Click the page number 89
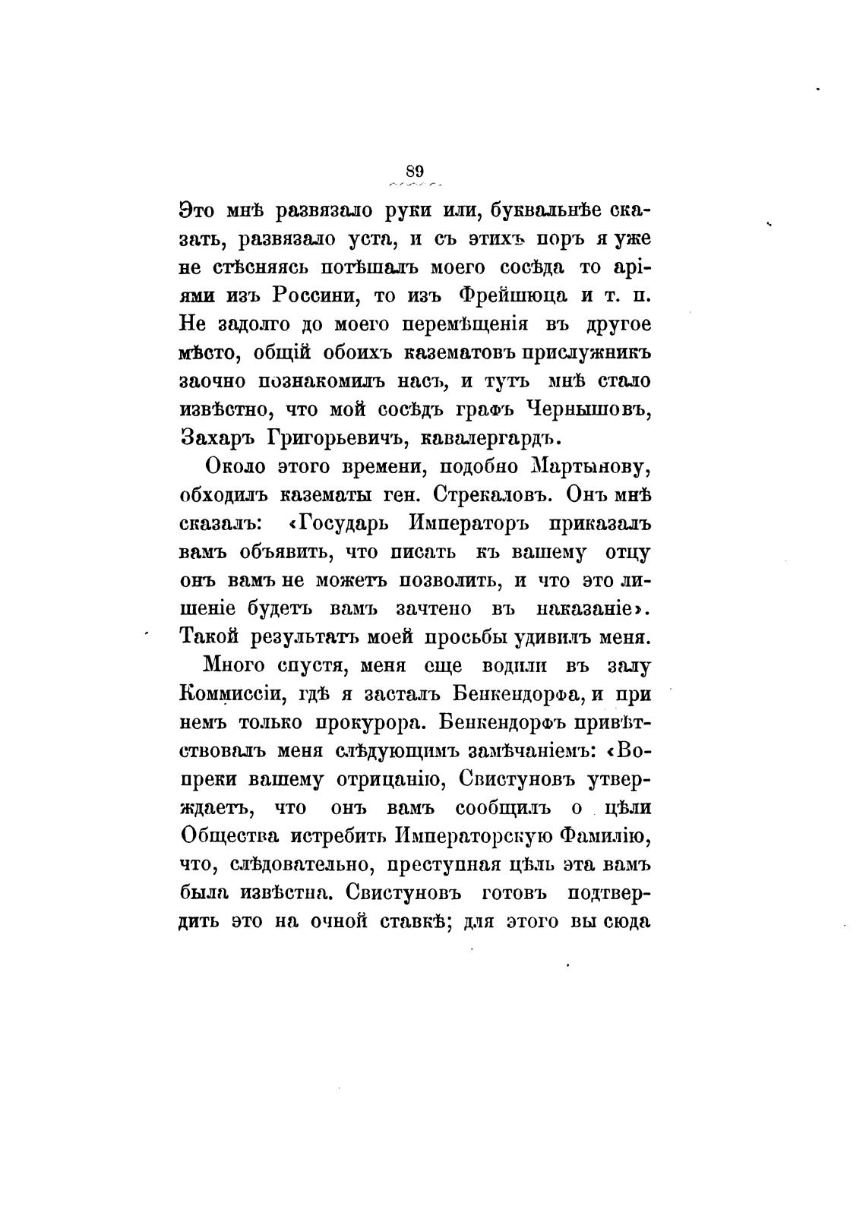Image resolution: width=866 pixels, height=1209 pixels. pyautogui.click(x=416, y=170)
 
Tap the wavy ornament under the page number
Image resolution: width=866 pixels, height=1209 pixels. pyautogui.click(x=416, y=185)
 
